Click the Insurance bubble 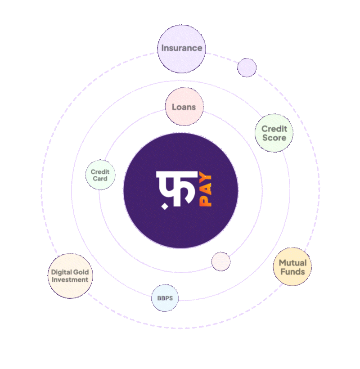coord(181,49)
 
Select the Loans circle coord(184,107)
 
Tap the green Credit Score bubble coord(274,134)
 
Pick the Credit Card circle coord(100,175)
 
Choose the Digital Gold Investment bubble coord(70,276)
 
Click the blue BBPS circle coord(165,298)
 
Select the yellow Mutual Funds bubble coord(292,267)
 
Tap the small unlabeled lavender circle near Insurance coord(247,67)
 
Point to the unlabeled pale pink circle coord(221,261)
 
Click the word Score coord(274,138)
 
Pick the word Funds coord(292,272)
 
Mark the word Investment coord(70,279)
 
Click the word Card coord(100,179)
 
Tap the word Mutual coord(292,263)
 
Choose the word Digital coord(61,272)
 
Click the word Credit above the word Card coord(100,172)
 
